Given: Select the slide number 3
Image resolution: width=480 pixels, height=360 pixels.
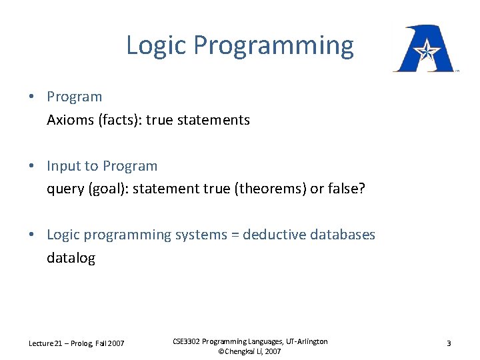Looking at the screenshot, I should (449, 343).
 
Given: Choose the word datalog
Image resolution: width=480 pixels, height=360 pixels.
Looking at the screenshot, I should (71, 258).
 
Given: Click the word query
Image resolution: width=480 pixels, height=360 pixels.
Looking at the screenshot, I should (64, 189).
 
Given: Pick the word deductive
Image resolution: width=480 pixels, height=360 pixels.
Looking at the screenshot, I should (273, 235).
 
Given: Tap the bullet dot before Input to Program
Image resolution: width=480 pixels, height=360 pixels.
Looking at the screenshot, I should (32, 166).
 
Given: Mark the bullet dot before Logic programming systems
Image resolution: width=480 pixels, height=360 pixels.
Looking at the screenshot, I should (32, 235).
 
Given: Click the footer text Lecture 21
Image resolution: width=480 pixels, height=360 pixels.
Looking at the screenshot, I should (49, 343).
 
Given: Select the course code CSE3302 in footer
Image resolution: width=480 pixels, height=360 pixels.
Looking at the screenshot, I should (191, 341).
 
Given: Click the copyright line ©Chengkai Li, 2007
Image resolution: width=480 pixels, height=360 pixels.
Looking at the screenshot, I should (250, 351).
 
